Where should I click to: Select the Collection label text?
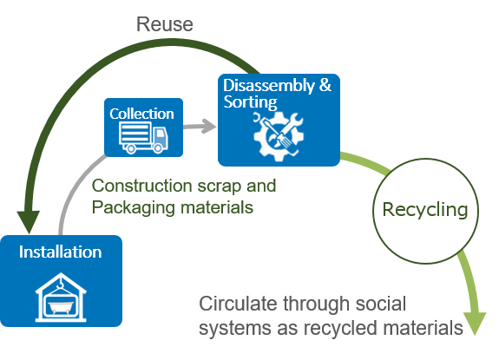[x=141, y=114]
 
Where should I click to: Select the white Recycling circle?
[x=424, y=209]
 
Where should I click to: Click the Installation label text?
[x=61, y=253]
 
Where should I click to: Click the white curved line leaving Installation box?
[x=68, y=200]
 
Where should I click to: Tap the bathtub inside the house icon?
[x=61, y=306]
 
